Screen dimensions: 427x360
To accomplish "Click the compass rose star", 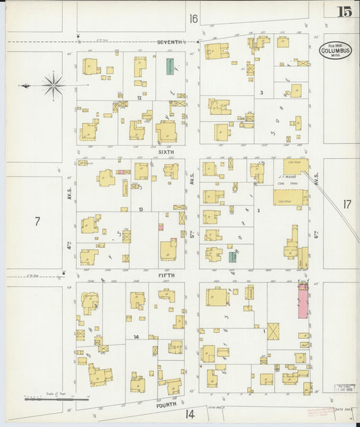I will tap(53, 85).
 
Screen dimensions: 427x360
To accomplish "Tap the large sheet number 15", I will tap(345, 11).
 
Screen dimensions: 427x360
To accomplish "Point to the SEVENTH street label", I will tap(170, 42).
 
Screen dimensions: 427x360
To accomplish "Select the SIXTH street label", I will tap(166, 152).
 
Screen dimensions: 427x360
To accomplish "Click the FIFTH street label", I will tap(166, 276).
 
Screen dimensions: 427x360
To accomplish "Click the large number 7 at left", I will tap(37, 220).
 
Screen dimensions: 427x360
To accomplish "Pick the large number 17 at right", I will tap(347, 203).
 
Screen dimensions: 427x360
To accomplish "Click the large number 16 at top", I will tap(194, 18).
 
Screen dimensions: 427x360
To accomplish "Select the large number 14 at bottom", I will tap(190, 413).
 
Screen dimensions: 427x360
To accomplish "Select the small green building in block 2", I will tap(232, 257).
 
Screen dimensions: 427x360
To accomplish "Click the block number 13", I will tap(141, 209).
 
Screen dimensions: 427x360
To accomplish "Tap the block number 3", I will tap(261, 92).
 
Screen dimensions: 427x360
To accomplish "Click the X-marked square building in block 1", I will tap(274, 332).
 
